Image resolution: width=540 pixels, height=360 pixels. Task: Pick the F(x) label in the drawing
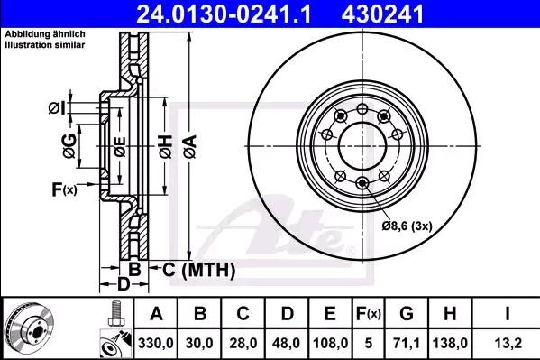coord(64,189)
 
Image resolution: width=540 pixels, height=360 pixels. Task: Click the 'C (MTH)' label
coord(199,269)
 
